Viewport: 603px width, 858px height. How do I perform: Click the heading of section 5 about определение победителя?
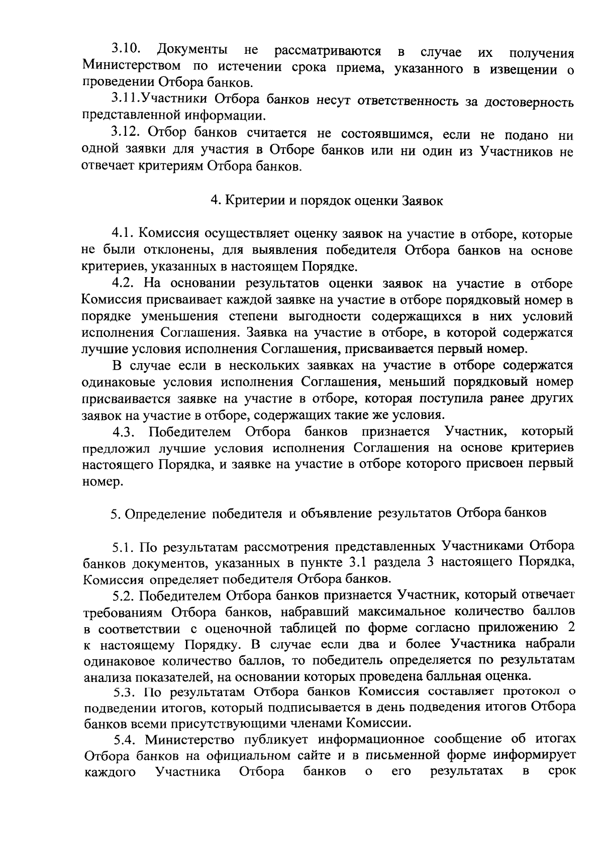328,513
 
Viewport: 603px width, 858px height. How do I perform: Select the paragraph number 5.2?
124,596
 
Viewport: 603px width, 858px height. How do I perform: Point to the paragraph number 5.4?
126,739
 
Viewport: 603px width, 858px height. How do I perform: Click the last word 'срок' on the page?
562,770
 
